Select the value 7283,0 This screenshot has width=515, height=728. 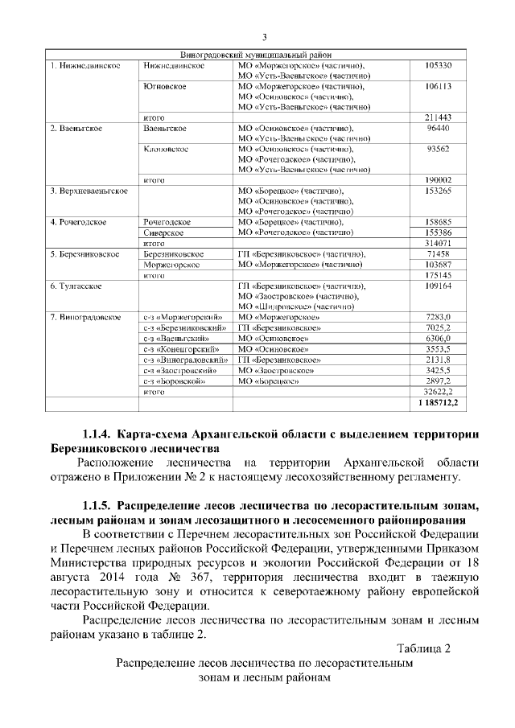point(443,317)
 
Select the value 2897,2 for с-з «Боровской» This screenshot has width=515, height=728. point(443,380)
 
